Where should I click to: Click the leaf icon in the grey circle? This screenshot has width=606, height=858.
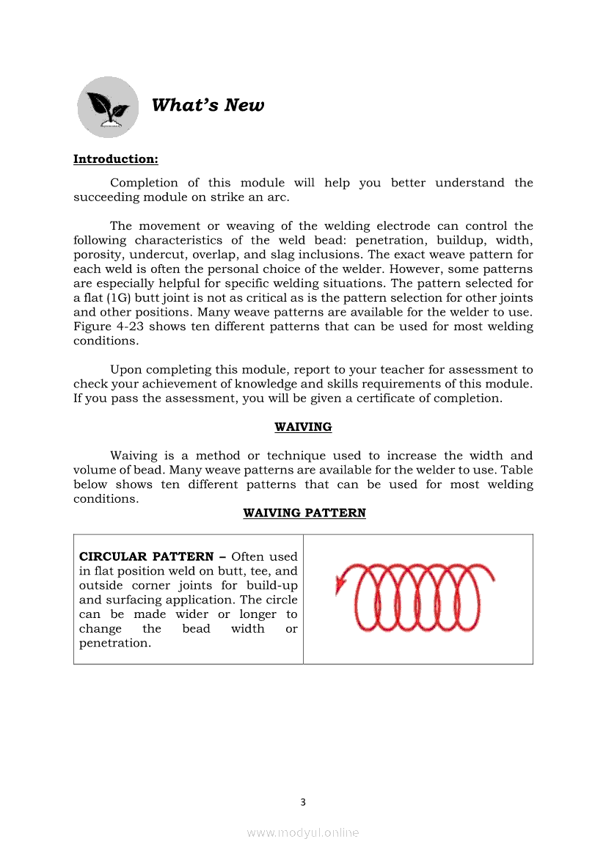[107, 107]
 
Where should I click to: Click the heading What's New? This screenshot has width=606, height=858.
[208, 106]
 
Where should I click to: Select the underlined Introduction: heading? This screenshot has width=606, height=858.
[115, 159]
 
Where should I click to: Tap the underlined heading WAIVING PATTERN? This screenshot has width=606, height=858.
[304, 513]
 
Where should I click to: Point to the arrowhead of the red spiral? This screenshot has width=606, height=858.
[340, 584]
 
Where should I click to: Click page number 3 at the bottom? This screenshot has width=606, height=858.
[303, 802]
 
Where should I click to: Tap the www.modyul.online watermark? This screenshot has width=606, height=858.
[303, 832]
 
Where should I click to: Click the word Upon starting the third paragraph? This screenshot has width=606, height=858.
[126, 370]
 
